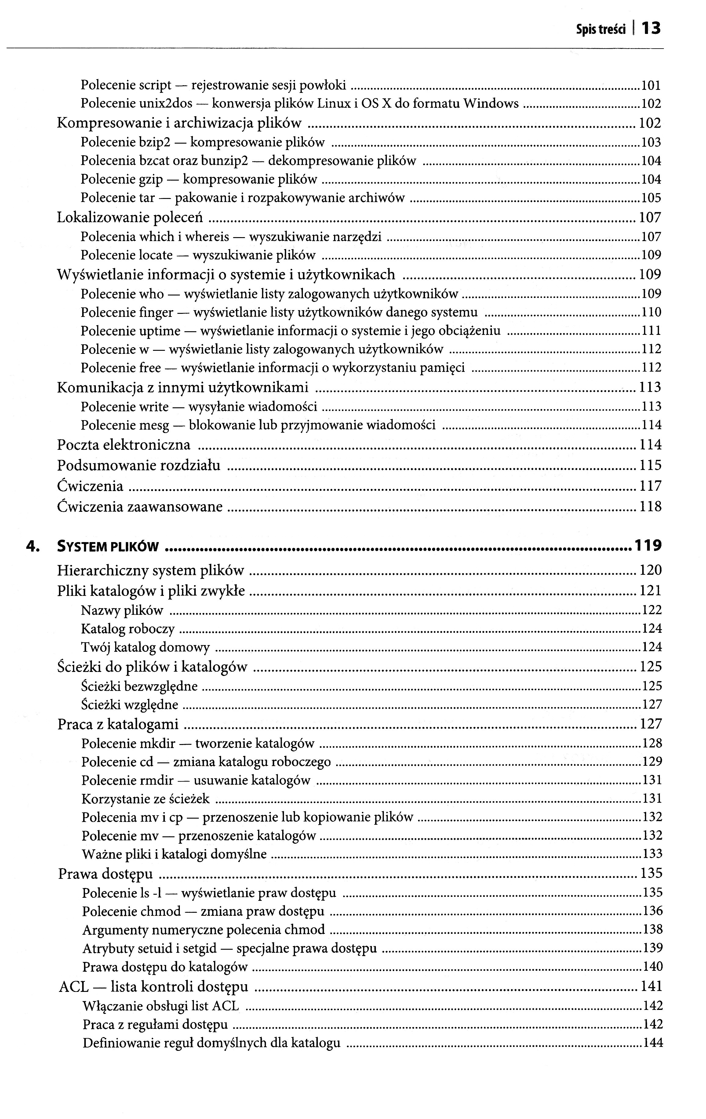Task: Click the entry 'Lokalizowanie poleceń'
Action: coord(130,218)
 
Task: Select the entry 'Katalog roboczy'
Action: coord(128,629)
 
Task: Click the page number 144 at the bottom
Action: coord(653,1043)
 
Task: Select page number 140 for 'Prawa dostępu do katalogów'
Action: coord(653,967)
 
